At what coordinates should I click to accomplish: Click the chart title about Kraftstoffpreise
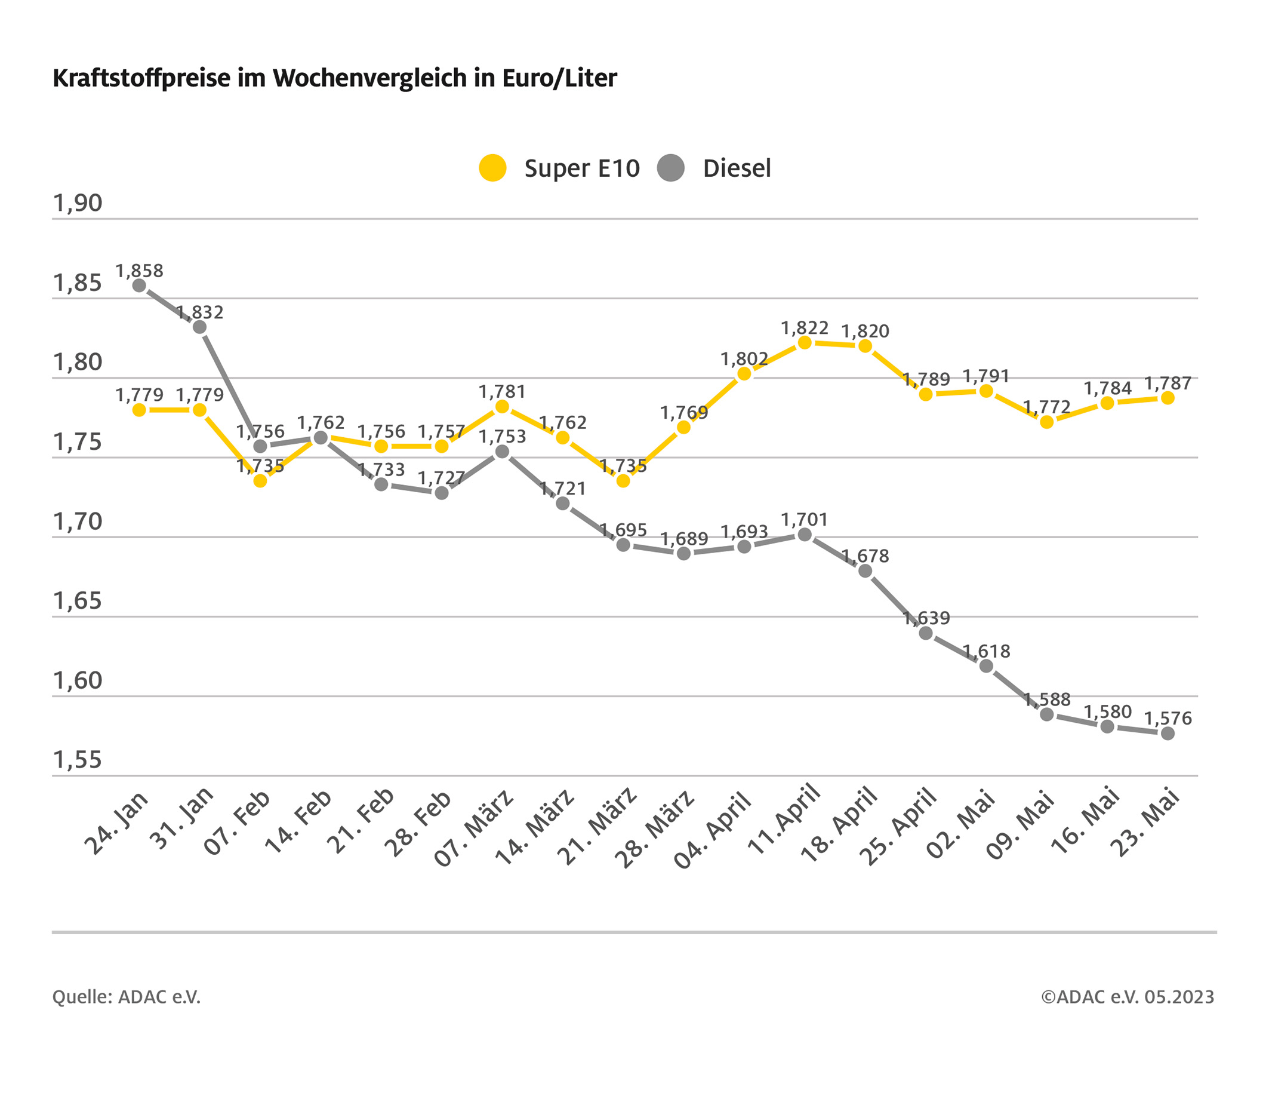335,79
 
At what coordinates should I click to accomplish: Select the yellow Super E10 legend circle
492,168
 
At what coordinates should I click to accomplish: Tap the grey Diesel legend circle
670,168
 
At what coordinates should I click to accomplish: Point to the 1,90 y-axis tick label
77,203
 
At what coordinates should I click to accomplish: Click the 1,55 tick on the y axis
77,760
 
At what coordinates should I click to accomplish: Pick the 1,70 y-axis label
77,521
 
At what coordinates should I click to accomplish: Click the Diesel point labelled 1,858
139,286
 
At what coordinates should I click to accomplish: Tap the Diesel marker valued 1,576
1167,733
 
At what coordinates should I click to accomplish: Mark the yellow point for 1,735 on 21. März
623,480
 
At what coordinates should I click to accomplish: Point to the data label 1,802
744,358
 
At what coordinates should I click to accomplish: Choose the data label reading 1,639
926,618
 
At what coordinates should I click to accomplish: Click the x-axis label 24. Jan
117,823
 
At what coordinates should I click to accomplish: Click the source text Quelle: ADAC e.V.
126,996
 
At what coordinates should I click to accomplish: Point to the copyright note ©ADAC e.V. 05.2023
1128,996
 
